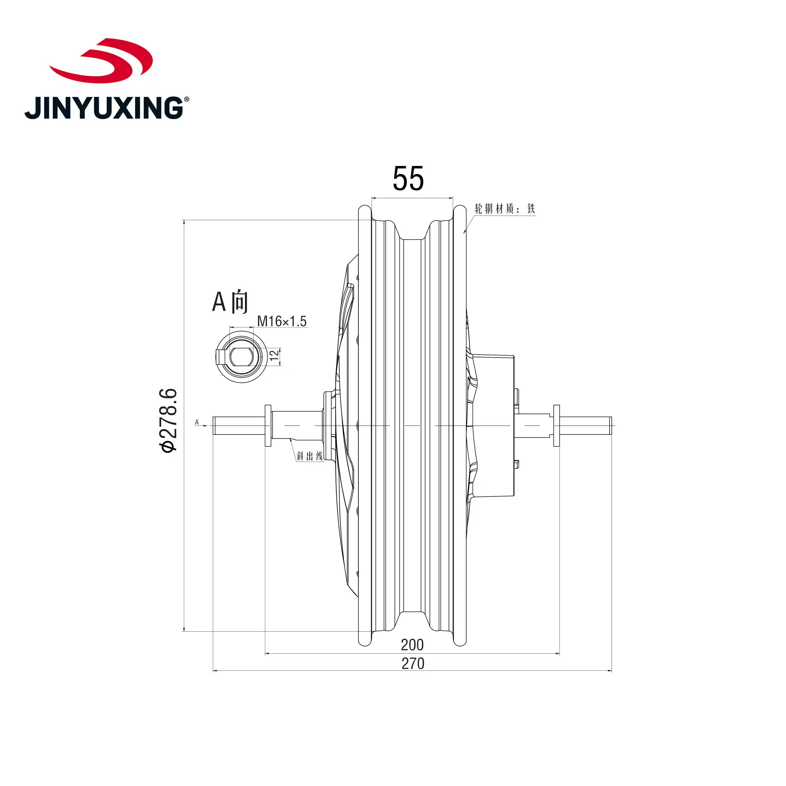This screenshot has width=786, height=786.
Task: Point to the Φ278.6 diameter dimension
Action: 168,420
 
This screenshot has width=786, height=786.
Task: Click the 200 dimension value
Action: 412,645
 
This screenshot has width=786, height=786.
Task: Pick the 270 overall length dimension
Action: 413,664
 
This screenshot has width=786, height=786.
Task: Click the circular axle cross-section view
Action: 241,357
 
